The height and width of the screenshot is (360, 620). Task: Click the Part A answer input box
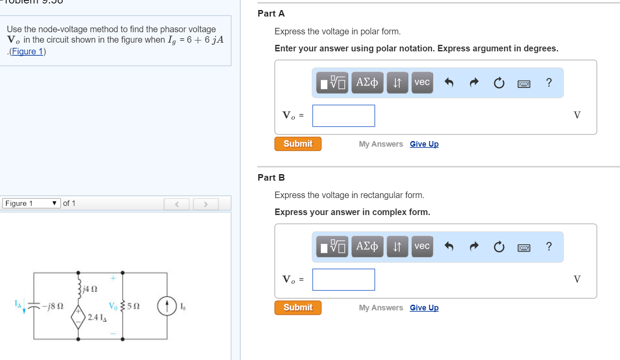344,116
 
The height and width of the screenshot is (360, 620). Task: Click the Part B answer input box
344,279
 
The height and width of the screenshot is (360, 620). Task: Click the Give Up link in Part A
424,144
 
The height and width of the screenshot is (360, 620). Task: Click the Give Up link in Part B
424,308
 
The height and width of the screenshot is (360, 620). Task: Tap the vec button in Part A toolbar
422,82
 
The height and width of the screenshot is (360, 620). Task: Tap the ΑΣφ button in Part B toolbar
367,246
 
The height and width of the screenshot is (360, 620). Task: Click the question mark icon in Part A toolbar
549,82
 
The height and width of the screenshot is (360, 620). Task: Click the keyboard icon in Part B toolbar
524,247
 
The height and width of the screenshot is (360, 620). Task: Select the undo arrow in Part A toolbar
450,82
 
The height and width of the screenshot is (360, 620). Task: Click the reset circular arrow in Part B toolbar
499,247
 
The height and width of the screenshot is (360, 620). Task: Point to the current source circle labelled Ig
167,306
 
